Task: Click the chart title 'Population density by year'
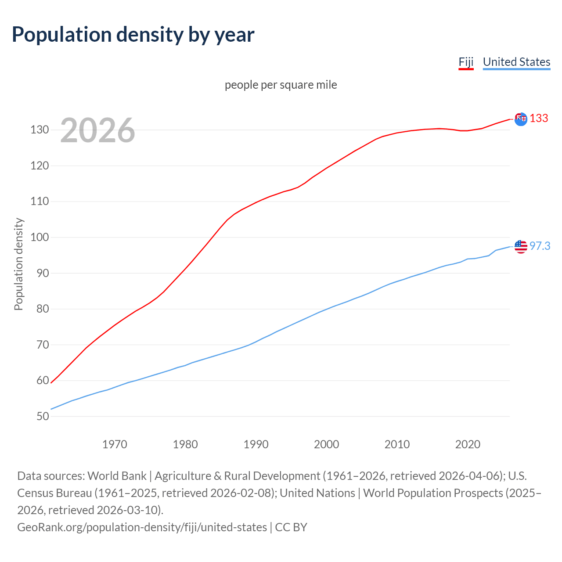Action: (133, 35)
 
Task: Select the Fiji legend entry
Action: (466, 62)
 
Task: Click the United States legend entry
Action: (516, 62)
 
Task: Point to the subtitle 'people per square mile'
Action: (281, 85)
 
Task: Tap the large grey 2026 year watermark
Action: (97, 130)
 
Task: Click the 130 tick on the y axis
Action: (40, 130)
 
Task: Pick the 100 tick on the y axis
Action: (40, 238)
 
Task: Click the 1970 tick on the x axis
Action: (115, 444)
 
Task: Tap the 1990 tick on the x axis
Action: (256, 444)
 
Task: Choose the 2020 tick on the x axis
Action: (468, 444)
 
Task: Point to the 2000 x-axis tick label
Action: (326, 444)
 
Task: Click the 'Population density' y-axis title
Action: (18, 264)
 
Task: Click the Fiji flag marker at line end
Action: (521, 119)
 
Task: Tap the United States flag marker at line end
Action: (521, 247)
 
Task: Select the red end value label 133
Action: (539, 119)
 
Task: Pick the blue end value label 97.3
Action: (540, 246)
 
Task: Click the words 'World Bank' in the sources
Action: (117, 476)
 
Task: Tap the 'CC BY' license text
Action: (291, 527)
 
